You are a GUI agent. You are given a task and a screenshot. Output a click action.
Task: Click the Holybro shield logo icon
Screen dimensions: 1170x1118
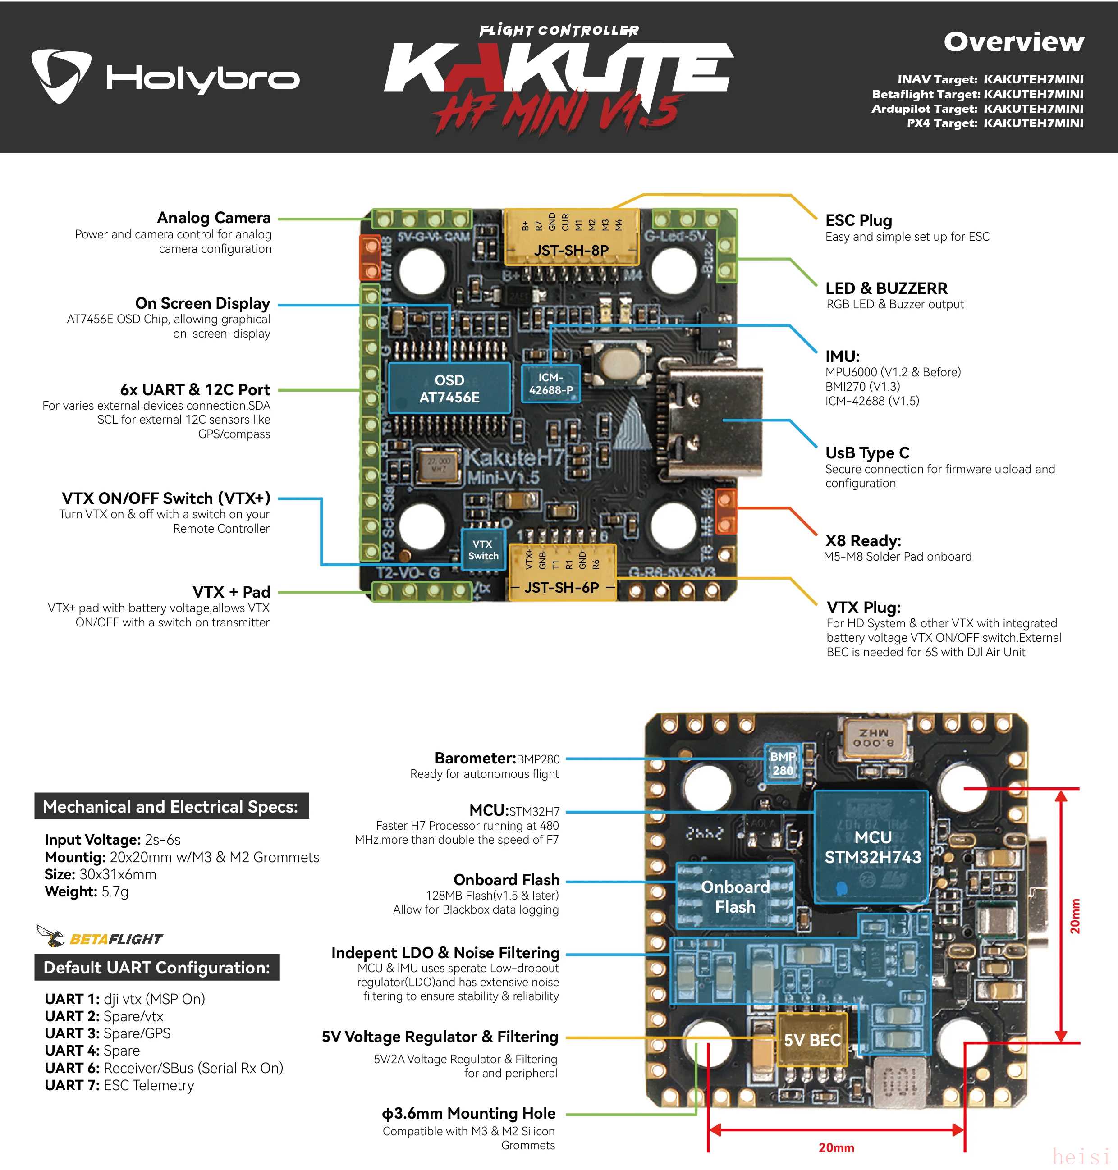click(61, 76)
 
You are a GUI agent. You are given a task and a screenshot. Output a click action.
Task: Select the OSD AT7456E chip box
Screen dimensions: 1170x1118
click(449, 388)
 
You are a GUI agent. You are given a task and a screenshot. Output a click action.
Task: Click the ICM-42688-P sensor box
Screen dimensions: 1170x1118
click(550, 384)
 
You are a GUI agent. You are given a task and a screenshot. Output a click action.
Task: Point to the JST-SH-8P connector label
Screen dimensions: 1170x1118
click(571, 250)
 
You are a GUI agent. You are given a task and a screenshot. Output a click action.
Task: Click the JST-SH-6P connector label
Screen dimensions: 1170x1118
click(561, 587)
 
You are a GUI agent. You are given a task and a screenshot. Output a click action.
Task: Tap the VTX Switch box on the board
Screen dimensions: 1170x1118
click(483, 550)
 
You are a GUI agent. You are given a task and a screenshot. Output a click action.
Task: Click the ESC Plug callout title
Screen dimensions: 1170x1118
click(858, 220)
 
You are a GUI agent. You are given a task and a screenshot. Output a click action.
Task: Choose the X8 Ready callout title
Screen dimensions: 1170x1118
click(862, 541)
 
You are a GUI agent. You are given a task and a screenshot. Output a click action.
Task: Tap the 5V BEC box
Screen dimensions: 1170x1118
click(812, 1040)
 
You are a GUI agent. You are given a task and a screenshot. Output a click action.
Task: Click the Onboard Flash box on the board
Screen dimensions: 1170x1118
click(735, 896)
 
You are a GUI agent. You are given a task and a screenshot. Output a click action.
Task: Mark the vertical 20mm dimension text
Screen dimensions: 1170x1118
click(1074, 916)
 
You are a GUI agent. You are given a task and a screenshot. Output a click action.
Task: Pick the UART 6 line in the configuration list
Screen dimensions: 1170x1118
click(164, 1068)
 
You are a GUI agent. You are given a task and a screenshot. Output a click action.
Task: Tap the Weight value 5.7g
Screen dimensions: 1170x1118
click(115, 892)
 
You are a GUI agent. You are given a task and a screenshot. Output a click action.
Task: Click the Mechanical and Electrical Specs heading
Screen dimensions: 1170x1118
click(171, 807)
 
